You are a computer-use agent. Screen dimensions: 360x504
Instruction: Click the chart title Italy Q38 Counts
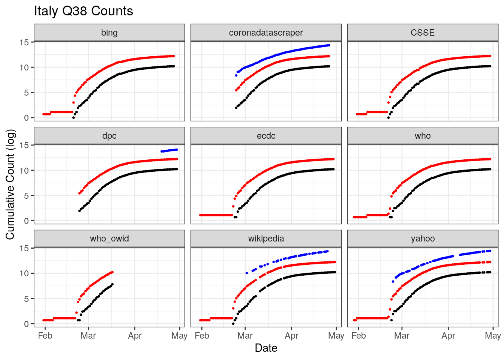(x=83, y=11)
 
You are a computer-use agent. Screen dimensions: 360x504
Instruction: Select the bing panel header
(x=109, y=33)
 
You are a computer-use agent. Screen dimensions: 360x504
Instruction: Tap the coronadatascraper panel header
(x=266, y=33)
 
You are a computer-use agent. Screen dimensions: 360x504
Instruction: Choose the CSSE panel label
(x=423, y=33)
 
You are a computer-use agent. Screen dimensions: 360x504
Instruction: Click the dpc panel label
(x=109, y=136)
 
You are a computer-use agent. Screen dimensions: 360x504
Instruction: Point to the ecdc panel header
(x=266, y=136)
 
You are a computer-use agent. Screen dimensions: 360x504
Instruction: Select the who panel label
(x=423, y=136)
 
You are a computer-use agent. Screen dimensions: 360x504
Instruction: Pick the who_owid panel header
(x=109, y=238)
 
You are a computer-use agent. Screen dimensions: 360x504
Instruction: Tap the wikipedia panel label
(x=266, y=238)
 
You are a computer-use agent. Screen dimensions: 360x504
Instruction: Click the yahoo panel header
(x=423, y=238)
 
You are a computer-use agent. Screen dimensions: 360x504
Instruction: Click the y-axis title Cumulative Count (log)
(x=10, y=184)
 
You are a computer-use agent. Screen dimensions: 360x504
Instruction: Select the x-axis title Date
(x=266, y=348)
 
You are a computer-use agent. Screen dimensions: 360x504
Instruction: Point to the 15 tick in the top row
(x=24, y=42)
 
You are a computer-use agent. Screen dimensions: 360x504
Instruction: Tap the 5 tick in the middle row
(x=26, y=196)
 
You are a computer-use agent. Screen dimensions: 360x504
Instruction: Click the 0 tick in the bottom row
(x=26, y=324)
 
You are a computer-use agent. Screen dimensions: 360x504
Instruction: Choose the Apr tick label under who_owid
(x=135, y=336)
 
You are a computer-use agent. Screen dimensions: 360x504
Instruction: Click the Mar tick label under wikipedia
(x=245, y=336)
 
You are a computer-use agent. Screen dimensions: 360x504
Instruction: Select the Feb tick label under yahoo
(x=358, y=336)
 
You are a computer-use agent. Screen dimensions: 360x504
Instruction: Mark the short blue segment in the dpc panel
(x=169, y=150)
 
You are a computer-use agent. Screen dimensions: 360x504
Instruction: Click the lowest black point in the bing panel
(x=73, y=118)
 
